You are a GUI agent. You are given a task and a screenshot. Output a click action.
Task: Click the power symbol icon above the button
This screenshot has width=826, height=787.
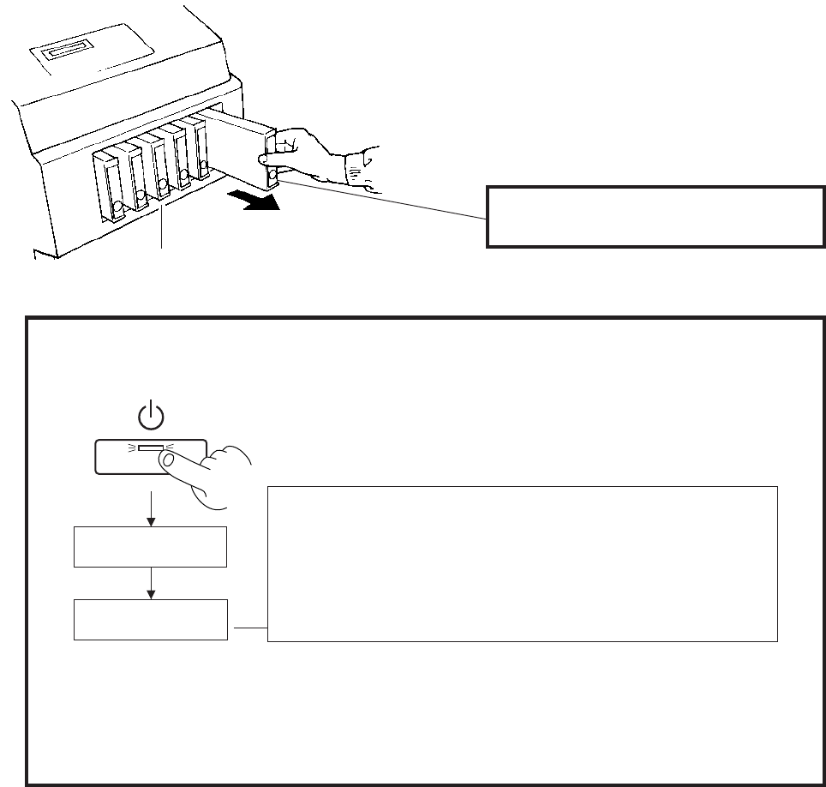click(151, 416)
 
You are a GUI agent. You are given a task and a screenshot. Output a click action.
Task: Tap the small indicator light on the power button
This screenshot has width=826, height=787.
click(150, 448)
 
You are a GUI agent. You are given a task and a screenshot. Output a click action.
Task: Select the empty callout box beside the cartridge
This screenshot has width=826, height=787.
click(649, 215)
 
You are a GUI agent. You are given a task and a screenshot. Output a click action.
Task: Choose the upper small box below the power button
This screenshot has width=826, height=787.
click(150, 547)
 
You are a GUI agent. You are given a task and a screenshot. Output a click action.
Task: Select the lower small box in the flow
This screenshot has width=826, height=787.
click(150, 619)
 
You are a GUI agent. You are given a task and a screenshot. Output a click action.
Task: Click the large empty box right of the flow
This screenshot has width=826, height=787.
click(522, 563)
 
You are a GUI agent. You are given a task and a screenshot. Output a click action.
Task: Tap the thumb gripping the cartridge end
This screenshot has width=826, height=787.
click(268, 159)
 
